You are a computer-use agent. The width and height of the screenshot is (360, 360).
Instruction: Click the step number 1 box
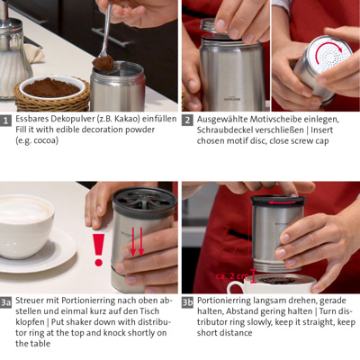pyautogui.click(x=5, y=121)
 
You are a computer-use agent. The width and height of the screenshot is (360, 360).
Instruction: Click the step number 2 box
pyautogui.click(x=187, y=121)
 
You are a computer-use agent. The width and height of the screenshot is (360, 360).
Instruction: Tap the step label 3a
pyautogui.click(x=5, y=302)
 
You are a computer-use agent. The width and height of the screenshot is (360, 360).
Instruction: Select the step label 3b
pyautogui.click(x=187, y=302)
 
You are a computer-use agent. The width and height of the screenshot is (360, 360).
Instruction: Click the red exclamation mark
pyautogui.click(x=98, y=250)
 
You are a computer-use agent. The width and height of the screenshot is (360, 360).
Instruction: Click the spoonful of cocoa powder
pyautogui.click(x=103, y=63)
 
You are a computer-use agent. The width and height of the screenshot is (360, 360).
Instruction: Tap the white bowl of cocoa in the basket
pyautogui.click(x=51, y=88)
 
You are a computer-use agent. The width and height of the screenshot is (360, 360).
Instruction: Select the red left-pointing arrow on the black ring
pyautogui.click(x=282, y=202)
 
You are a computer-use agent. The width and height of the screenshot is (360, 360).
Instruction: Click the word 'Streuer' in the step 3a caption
pyautogui.click(x=30, y=301)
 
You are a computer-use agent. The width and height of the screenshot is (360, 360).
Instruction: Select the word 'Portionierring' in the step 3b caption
pyautogui.click(x=224, y=301)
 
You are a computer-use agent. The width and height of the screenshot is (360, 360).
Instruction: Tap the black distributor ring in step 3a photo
pyautogui.click(x=144, y=201)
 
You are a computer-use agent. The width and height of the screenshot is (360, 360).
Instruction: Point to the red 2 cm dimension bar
pyautogui.click(x=254, y=276)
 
